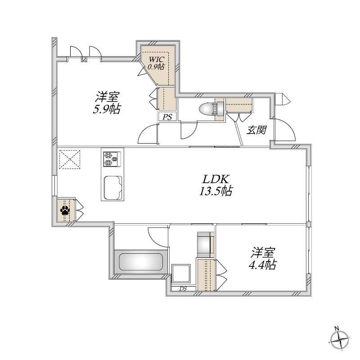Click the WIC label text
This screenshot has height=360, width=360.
156,59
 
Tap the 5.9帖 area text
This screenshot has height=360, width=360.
108,109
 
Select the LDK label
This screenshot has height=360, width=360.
216,179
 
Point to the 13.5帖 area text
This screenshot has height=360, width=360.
216,192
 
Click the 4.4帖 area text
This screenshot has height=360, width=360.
263,265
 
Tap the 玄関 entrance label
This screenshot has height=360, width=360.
257,130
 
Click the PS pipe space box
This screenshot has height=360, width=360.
167,117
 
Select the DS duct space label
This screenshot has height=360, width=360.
183,288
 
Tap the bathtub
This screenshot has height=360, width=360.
140,261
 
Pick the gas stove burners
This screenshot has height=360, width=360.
111,159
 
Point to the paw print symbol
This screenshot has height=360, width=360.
66,210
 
